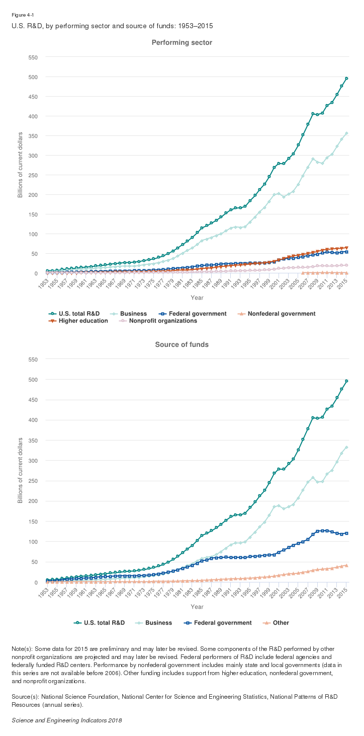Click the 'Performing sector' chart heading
point(182,43)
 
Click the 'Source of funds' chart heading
point(182,344)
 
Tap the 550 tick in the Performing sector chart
point(33,57)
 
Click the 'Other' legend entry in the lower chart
point(281,623)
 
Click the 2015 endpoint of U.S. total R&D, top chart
point(347,79)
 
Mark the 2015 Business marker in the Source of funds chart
point(347,447)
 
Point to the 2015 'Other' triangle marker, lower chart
point(347,565)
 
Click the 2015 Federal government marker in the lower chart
point(347,533)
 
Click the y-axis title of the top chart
point(20,165)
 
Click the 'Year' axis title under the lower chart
point(197,607)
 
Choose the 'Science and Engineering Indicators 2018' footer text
point(67,720)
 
